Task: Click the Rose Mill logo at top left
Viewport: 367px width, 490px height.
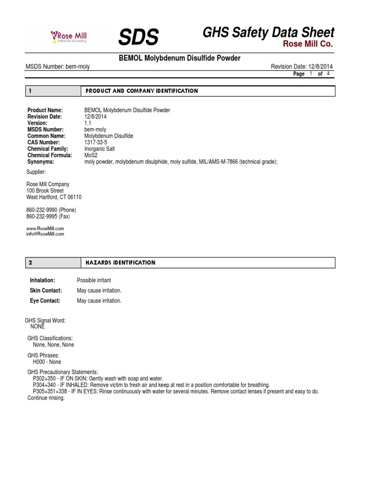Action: point(69,36)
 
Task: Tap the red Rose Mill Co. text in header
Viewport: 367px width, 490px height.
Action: point(308,44)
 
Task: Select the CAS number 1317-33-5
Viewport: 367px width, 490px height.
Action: point(96,143)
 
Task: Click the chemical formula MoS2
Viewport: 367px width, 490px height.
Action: point(91,156)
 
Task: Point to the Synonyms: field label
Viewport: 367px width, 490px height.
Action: point(41,162)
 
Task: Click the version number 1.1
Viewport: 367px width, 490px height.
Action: point(88,123)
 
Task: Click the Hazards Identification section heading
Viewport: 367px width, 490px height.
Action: point(120,263)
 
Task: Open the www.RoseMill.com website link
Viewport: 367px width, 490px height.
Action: point(45,229)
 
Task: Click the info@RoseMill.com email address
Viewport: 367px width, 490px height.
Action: point(45,234)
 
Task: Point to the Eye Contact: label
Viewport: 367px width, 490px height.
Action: point(45,301)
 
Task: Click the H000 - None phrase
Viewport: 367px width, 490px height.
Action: point(47,362)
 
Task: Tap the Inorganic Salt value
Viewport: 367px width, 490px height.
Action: point(99,149)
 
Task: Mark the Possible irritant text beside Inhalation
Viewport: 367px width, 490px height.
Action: point(94,280)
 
